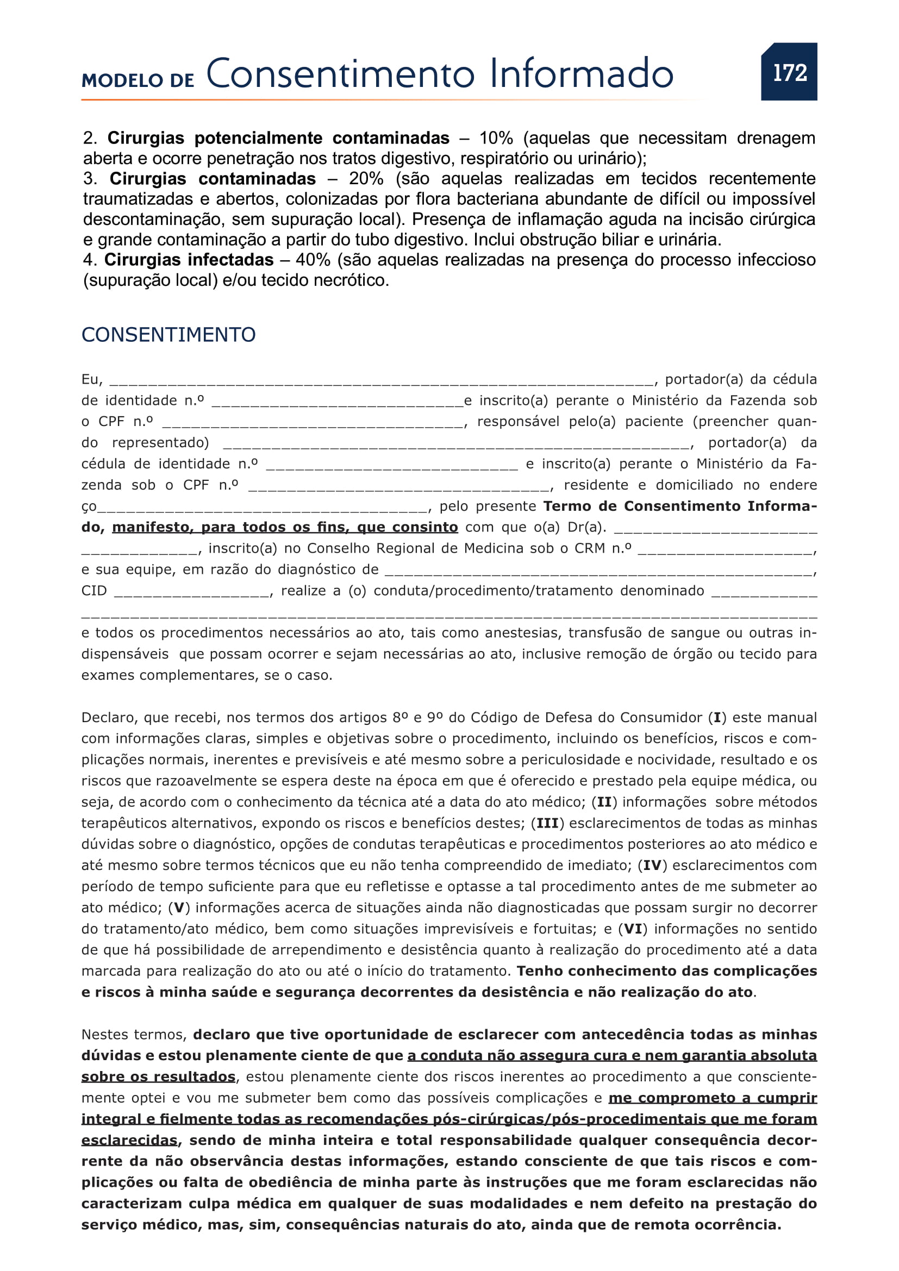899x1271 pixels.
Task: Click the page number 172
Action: click(x=789, y=72)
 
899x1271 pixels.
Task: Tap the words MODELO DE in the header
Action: click(x=138, y=80)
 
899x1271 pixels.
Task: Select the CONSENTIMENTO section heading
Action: click(x=168, y=334)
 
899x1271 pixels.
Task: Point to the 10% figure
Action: click(x=496, y=138)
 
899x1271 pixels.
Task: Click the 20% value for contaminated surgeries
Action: click(x=366, y=179)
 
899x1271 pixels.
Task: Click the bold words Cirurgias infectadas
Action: click(x=189, y=260)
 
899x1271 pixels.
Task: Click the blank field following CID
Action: click(x=191, y=592)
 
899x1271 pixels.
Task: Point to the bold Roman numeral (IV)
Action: click(x=653, y=865)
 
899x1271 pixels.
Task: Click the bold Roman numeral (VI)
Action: click(x=633, y=929)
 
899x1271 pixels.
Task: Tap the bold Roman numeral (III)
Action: click(x=547, y=823)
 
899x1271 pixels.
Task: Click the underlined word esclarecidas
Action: click(x=129, y=1141)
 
